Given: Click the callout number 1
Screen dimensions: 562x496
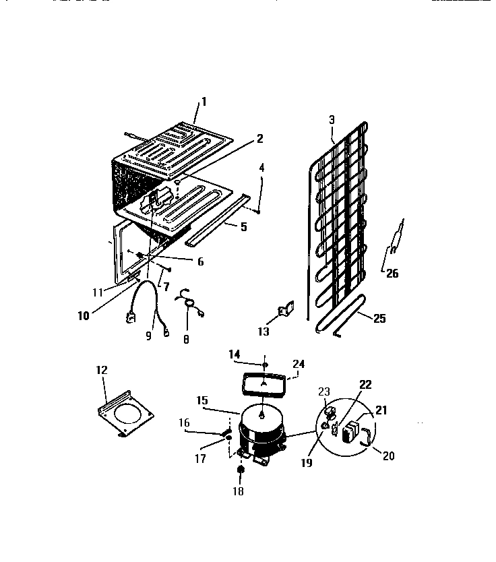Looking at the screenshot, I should click(x=204, y=102).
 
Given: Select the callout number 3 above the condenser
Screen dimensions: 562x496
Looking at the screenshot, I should click(x=332, y=120).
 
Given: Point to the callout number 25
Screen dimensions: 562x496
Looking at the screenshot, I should click(x=379, y=318).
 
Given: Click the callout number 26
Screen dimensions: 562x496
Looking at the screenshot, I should click(x=392, y=272).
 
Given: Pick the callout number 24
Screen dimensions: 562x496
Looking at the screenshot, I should click(x=299, y=364).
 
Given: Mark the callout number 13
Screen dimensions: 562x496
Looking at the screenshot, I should click(x=263, y=332).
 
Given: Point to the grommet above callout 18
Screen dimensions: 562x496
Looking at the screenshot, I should click(x=241, y=470).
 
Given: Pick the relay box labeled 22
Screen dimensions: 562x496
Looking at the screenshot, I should click(x=350, y=432).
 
